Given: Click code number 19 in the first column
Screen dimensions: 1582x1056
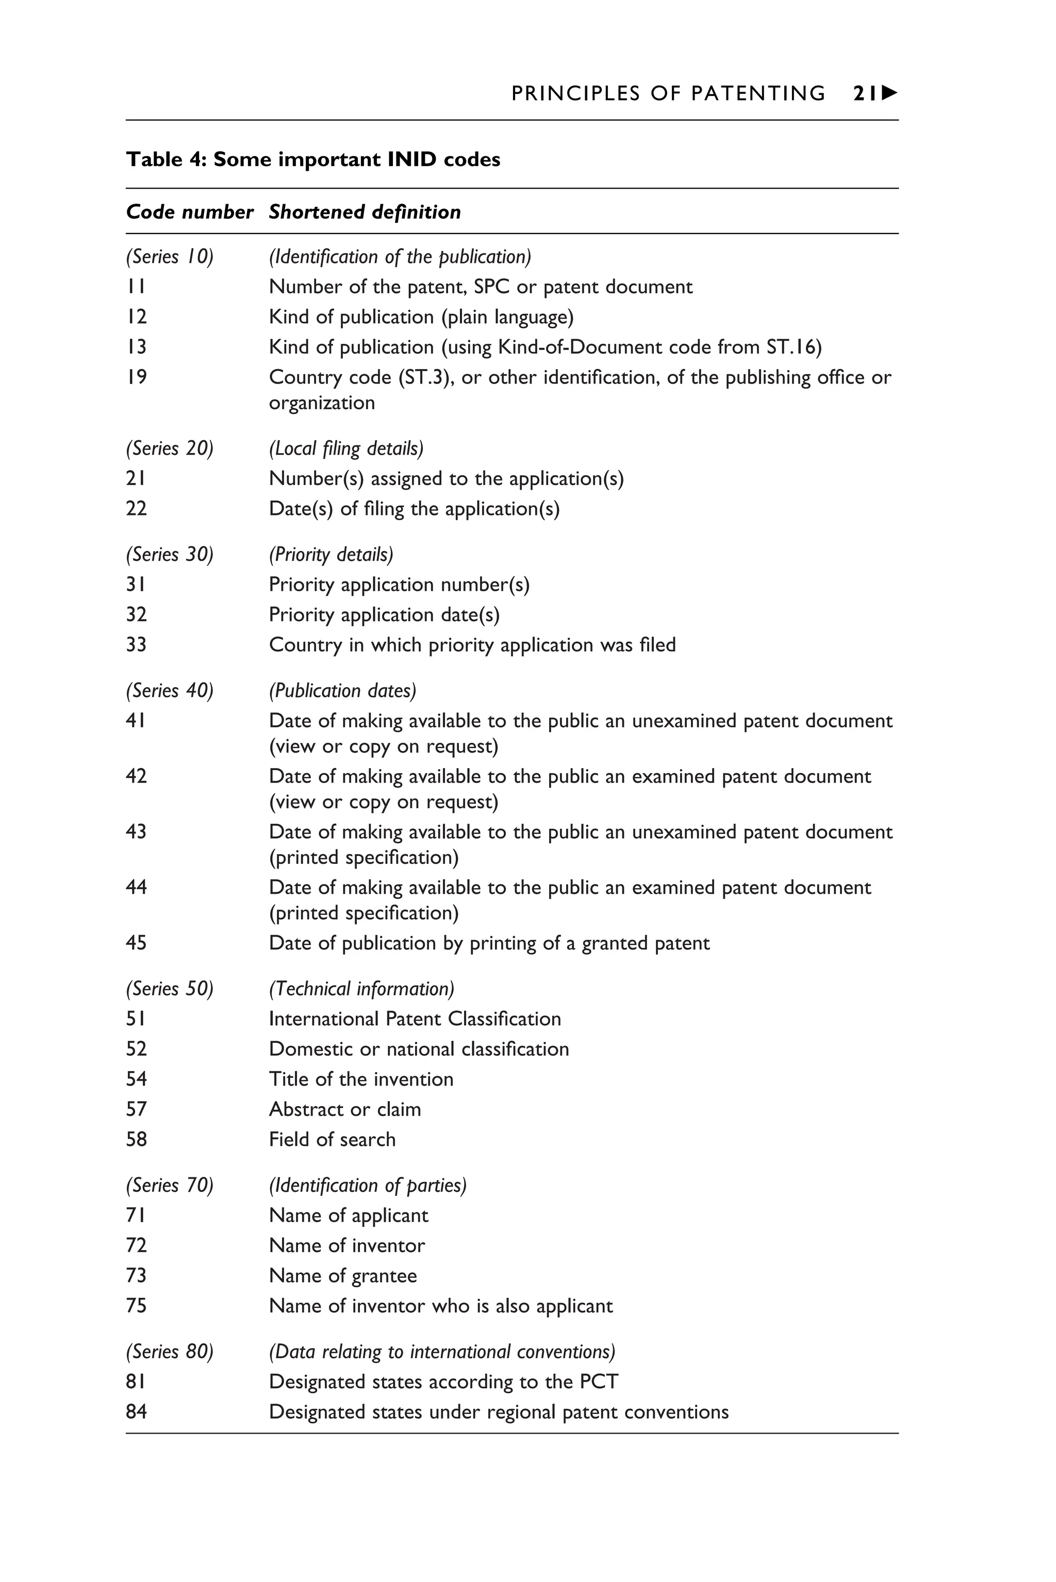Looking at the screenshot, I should (136, 377).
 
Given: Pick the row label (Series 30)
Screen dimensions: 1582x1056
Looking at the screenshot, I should (169, 554).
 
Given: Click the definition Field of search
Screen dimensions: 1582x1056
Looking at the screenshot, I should (332, 1139).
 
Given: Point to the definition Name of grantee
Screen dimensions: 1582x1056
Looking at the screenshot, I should (343, 1276).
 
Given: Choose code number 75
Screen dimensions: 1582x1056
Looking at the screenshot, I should (136, 1306).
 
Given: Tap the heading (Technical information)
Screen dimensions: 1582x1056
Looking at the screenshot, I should (361, 988).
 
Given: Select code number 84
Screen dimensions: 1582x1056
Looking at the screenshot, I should (136, 1412).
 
